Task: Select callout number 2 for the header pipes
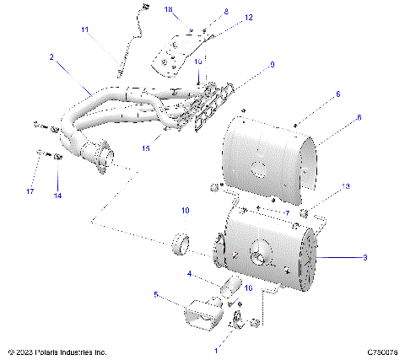(x=52, y=57)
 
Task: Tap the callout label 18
(x=168, y=8)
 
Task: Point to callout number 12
(x=224, y=17)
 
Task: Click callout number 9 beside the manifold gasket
(x=273, y=64)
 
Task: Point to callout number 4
(x=190, y=273)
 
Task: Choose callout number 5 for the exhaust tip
(x=157, y=294)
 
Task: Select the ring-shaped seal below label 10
(x=179, y=245)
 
